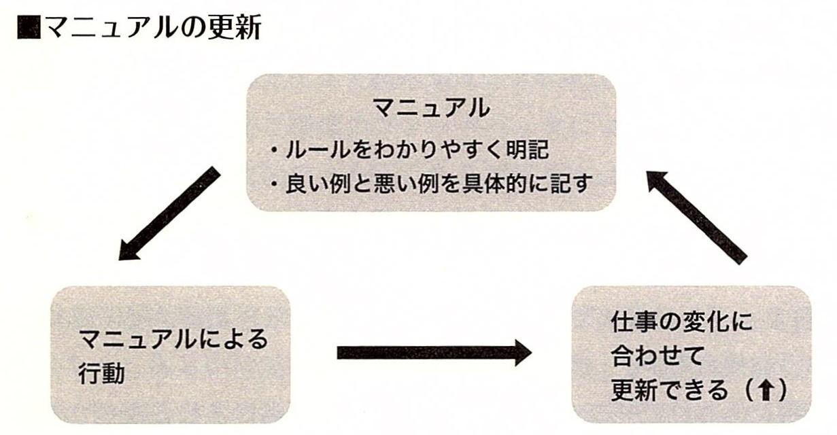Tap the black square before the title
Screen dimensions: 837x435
pos(29,29)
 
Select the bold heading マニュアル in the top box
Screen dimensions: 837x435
pos(431,108)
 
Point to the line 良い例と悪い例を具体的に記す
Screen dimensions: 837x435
pos(432,184)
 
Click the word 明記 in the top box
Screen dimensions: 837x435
pos(528,150)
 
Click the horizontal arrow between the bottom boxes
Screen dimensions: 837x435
pos(433,352)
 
